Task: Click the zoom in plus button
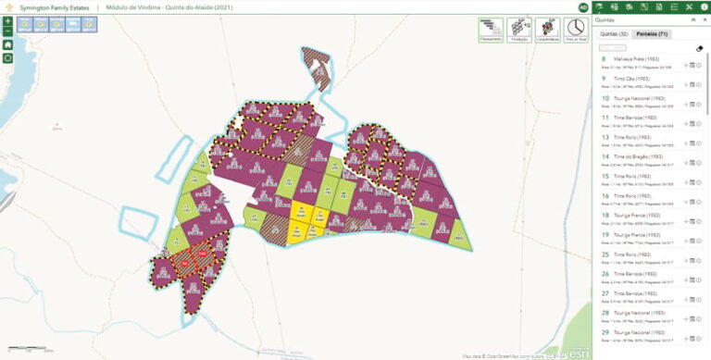(x=7, y=20)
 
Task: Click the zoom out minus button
(x=7, y=31)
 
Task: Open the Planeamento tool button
(x=491, y=31)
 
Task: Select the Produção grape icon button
(x=519, y=31)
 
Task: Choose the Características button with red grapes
(x=547, y=31)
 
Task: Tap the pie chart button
(x=576, y=31)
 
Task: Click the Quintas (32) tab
(x=614, y=34)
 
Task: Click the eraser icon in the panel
(x=700, y=48)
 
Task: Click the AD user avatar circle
(x=583, y=7)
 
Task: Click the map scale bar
(x=33, y=350)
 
